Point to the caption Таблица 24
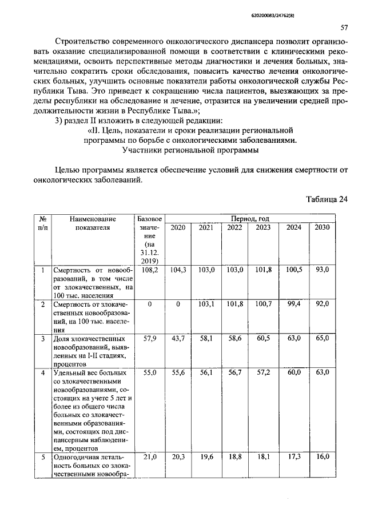[327, 199]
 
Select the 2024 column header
[293, 227]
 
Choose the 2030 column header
[321, 227]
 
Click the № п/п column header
[42, 223]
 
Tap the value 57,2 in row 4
[263, 372]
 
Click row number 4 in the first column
[42, 373]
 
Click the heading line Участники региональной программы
[190, 150]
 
